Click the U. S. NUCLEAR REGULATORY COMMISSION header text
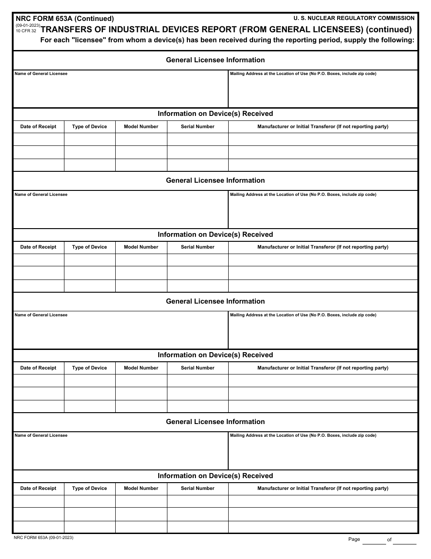coord(354,18)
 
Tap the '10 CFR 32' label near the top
coord(26,31)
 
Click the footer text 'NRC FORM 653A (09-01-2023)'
coord(44,538)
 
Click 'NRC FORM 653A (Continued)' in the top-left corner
coord(65,19)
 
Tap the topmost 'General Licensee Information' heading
coord(215,60)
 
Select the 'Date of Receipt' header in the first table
coord(38,127)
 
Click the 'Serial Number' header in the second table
coord(197,247)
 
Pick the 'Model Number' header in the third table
coord(141,368)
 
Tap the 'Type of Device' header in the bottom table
coord(89,489)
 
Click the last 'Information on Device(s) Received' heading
coord(215,476)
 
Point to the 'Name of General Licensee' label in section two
coord(41,195)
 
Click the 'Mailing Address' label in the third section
coord(303,315)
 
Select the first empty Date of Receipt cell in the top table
coord(38,139)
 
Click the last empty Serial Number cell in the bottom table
coord(197,527)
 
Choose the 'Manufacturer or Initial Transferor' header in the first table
coord(323,127)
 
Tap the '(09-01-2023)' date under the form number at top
coord(28,25)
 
